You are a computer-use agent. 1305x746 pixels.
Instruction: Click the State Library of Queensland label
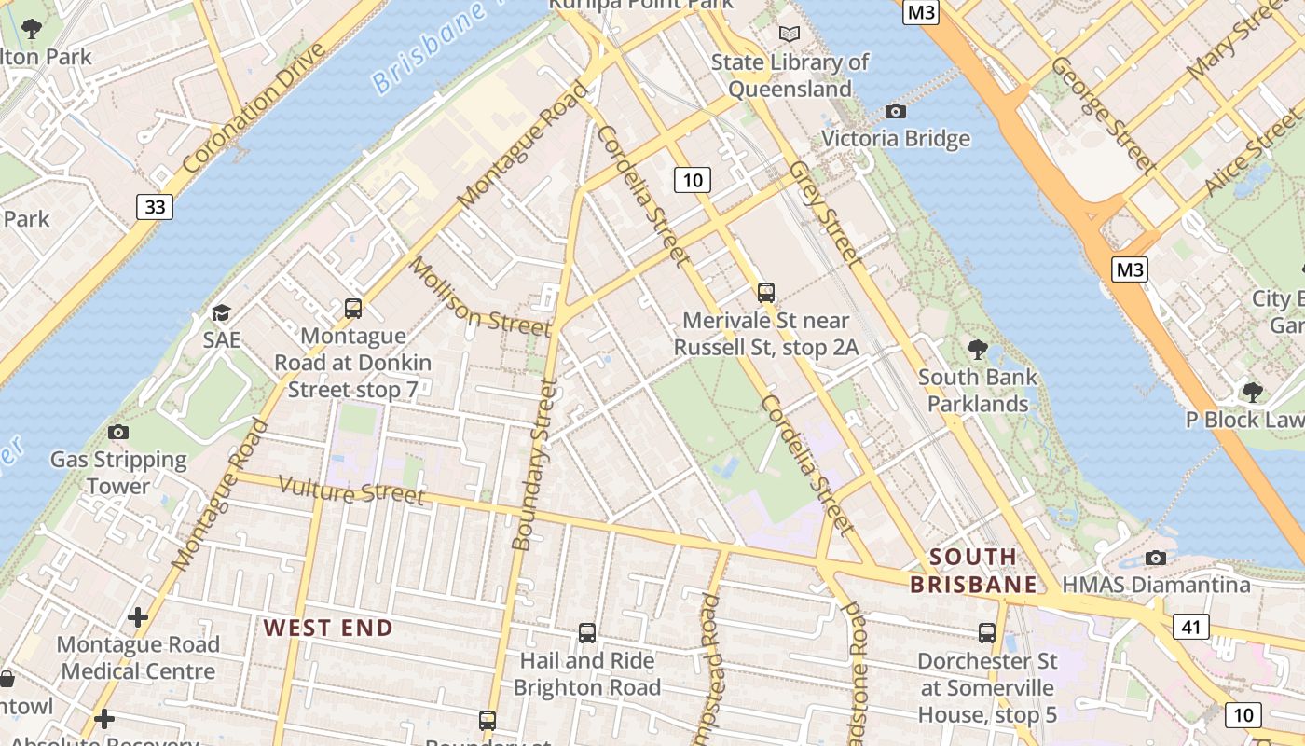790,76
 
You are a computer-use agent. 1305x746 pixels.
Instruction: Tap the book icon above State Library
790,35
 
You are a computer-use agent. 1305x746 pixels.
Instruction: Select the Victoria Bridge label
895,139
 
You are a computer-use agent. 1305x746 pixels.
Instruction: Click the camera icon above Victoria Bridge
895,112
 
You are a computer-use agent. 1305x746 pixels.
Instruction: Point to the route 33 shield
155,206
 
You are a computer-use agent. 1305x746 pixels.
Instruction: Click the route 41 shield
1191,627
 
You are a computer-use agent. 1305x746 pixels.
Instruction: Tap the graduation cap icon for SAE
221,312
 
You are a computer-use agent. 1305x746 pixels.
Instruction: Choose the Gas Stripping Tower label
118,473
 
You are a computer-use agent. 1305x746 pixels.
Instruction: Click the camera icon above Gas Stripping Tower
118,432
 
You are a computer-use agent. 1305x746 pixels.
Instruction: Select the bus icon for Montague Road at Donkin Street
352,309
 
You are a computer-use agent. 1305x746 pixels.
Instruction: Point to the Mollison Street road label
480,297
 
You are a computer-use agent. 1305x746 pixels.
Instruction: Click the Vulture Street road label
351,490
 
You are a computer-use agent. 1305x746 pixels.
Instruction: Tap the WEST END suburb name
328,628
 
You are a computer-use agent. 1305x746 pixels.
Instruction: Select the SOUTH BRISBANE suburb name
973,571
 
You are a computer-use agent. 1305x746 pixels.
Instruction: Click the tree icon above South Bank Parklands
977,350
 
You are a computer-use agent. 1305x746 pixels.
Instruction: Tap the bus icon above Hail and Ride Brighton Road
586,633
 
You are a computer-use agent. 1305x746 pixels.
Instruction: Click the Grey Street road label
822,212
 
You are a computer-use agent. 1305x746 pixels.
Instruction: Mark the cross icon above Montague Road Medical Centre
138,617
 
